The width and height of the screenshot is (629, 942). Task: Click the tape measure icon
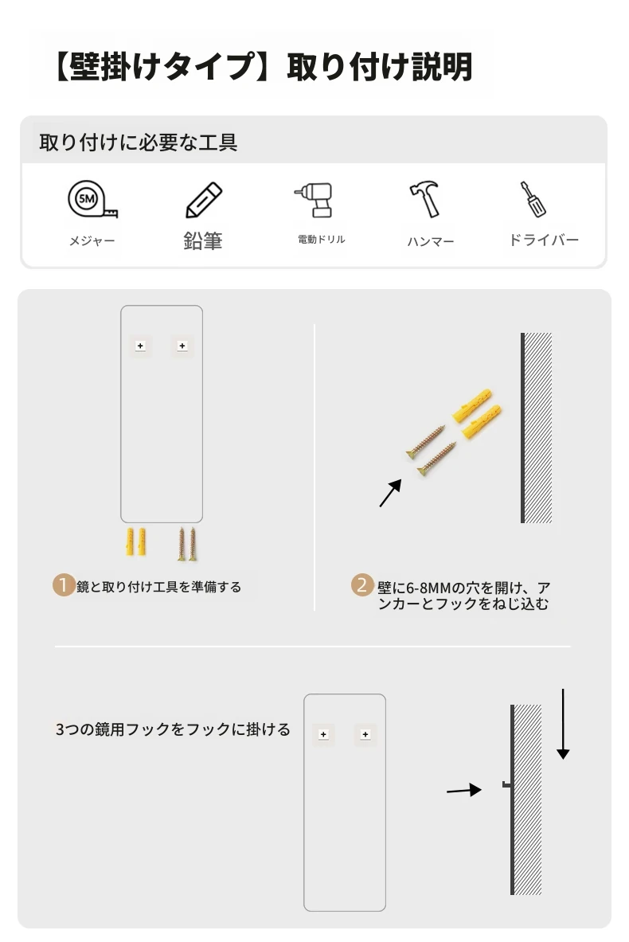[92, 199]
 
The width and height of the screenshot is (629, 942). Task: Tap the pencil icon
[204, 200]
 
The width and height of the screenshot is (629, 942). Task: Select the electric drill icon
[314, 200]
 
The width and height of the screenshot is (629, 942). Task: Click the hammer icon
[425, 199]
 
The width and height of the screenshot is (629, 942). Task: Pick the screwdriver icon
[533, 199]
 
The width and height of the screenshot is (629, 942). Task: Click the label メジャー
[92, 241]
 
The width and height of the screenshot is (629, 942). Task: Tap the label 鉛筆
[203, 241]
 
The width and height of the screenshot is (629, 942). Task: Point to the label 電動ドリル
[322, 239]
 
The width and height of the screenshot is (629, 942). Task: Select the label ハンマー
[431, 241]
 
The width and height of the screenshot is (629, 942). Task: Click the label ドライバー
[543, 240]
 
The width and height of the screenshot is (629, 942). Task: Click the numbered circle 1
[63, 585]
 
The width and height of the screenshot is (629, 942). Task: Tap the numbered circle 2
[361, 585]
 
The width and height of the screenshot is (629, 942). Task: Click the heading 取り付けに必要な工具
[139, 143]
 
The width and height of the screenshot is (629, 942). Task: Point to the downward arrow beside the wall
[563, 724]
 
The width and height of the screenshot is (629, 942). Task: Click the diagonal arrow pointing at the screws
[390, 493]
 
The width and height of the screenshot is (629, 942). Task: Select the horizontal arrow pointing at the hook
[464, 790]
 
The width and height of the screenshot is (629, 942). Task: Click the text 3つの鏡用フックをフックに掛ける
[173, 729]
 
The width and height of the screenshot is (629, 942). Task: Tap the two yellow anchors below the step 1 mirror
[136, 542]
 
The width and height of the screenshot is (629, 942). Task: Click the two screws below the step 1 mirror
[187, 545]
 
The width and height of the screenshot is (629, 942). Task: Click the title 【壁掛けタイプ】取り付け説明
[263, 66]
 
